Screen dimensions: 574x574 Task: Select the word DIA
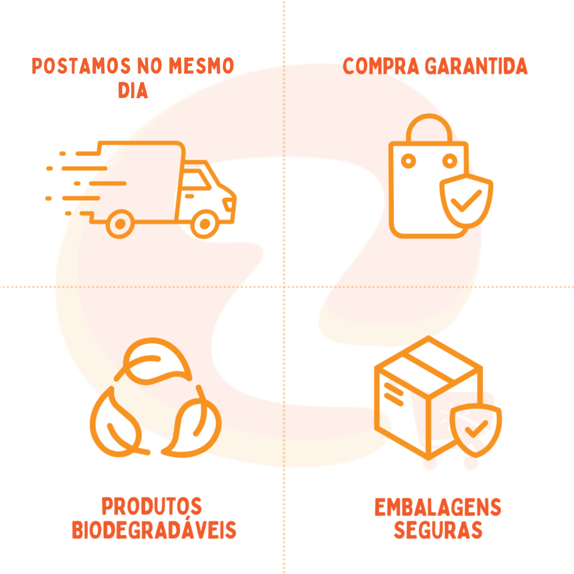pyautogui.click(x=133, y=91)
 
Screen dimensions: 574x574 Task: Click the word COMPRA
pyautogui.click(x=381, y=66)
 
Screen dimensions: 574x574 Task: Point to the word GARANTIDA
pyautogui.click(x=476, y=66)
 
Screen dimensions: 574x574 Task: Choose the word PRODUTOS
pyautogui.click(x=151, y=506)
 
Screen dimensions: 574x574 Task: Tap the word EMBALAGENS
pyautogui.click(x=437, y=508)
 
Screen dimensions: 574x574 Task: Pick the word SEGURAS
pyautogui.click(x=438, y=530)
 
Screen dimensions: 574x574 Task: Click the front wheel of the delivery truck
pyautogui.click(x=205, y=225)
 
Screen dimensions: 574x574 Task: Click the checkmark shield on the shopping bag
pyautogui.click(x=466, y=202)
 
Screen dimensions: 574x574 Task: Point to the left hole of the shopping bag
pyautogui.click(x=409, y=161)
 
